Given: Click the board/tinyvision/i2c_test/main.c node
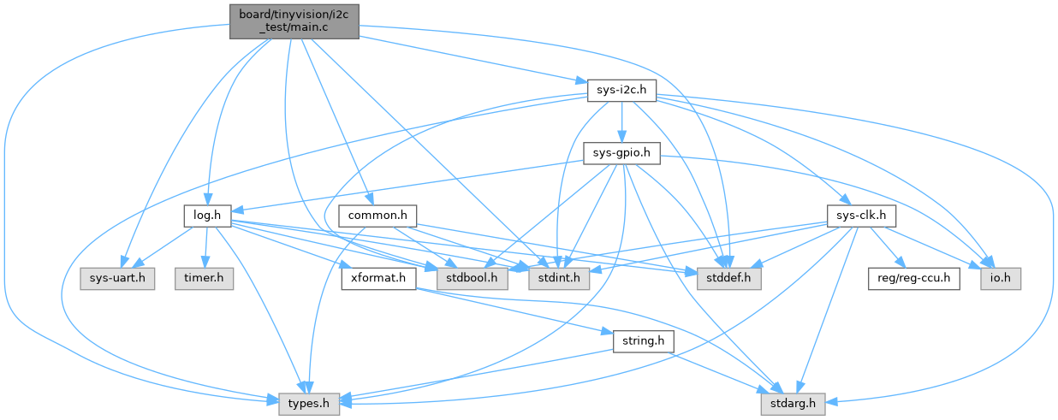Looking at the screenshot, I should [294, 20].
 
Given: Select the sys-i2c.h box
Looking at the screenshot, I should [621, 90].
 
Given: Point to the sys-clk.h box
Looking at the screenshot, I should [860, 215].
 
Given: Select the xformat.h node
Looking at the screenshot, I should [377, 279].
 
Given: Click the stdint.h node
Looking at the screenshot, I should [557, 279].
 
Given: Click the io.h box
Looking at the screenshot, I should [1000, 279].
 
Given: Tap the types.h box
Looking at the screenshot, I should [308, 403].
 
